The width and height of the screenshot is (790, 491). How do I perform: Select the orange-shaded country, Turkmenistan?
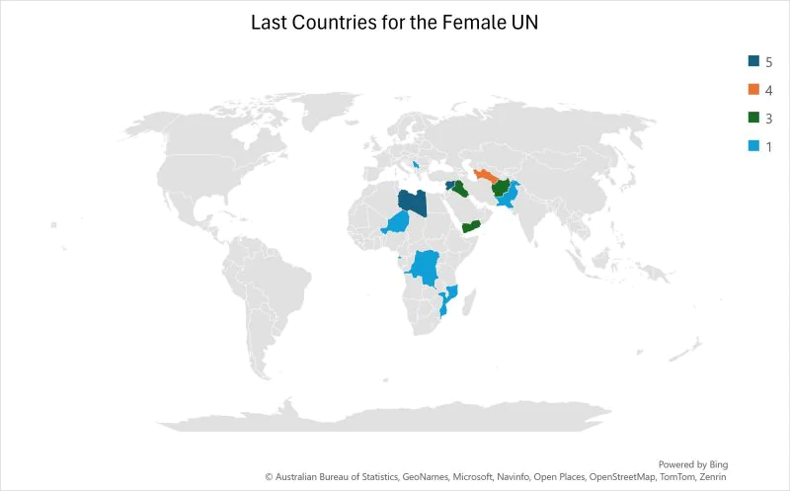(x=487, y=179)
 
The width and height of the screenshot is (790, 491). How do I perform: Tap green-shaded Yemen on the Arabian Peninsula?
(x=471, y=227)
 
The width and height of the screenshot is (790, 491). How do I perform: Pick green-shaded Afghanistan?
(x=502, y=187)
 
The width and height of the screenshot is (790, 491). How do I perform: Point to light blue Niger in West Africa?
(x=401, y=224)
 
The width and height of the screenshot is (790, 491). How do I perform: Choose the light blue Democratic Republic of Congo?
(x=426, y=267)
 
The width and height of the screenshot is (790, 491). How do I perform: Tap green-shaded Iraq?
(x=461, y=189)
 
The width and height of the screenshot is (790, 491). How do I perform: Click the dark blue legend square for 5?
(x=753, y=61)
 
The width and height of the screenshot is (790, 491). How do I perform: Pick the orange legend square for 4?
(x=753, y=89)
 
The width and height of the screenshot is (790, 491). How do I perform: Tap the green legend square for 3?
(x=753, y=118)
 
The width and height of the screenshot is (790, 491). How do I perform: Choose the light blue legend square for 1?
(x=753, y=146)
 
